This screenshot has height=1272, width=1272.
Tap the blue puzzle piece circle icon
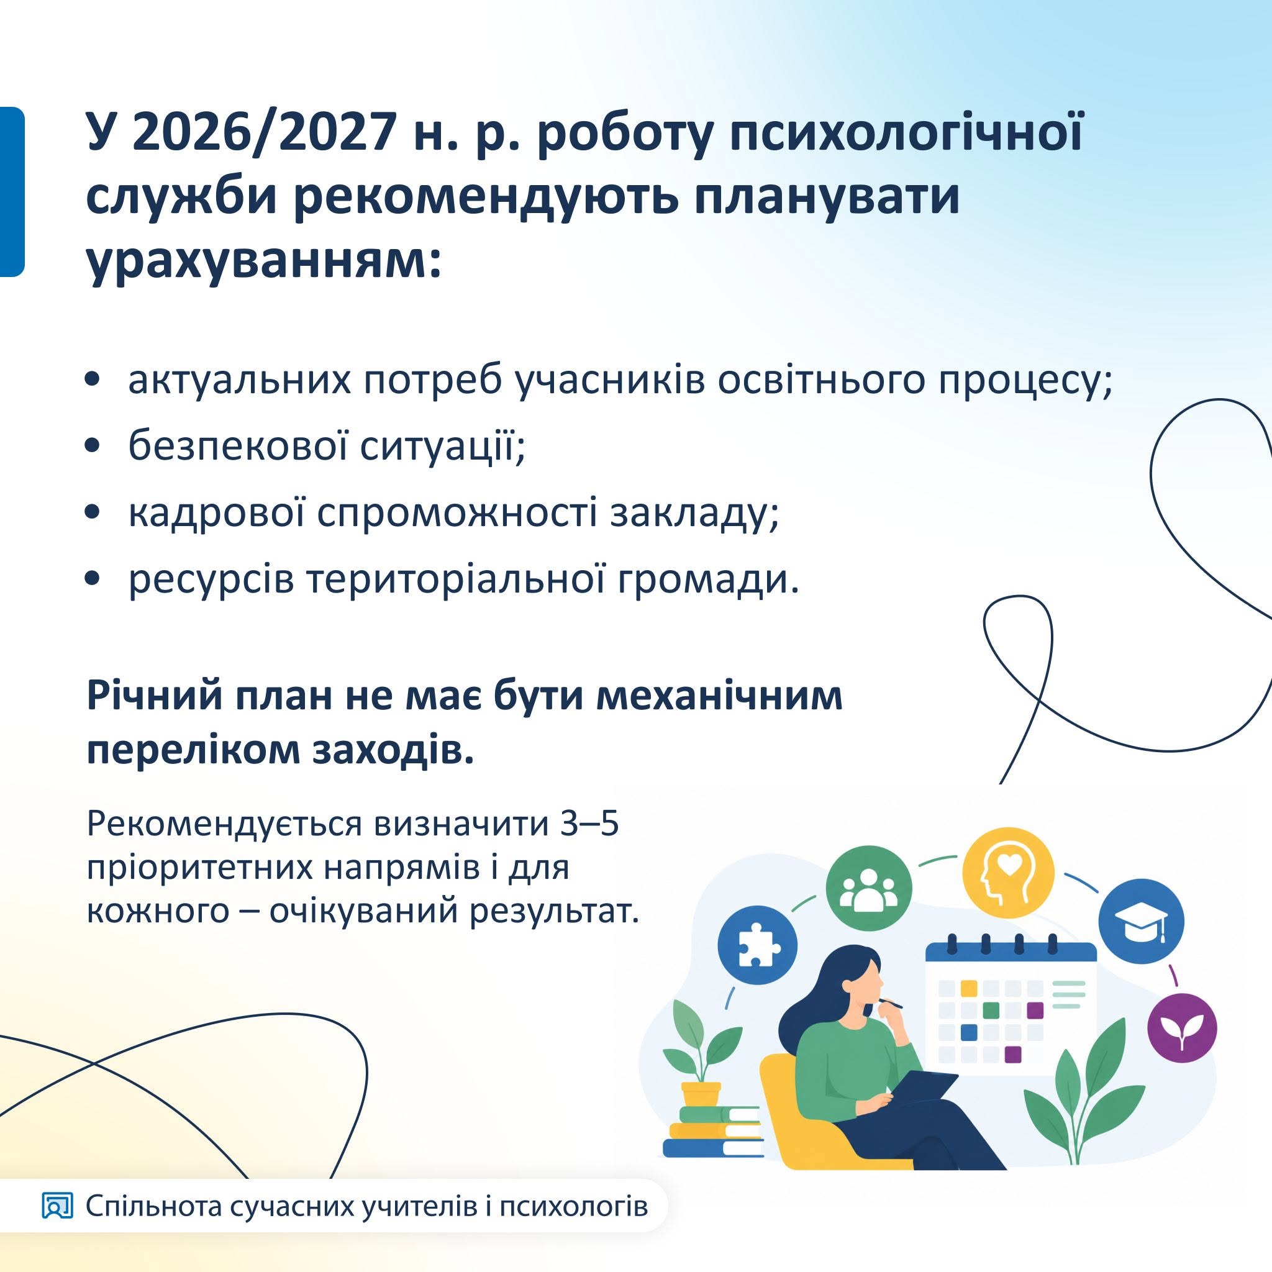point(757,946)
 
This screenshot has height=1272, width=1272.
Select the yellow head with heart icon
point(1008,873)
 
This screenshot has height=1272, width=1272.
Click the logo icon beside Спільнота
point(57,1206)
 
